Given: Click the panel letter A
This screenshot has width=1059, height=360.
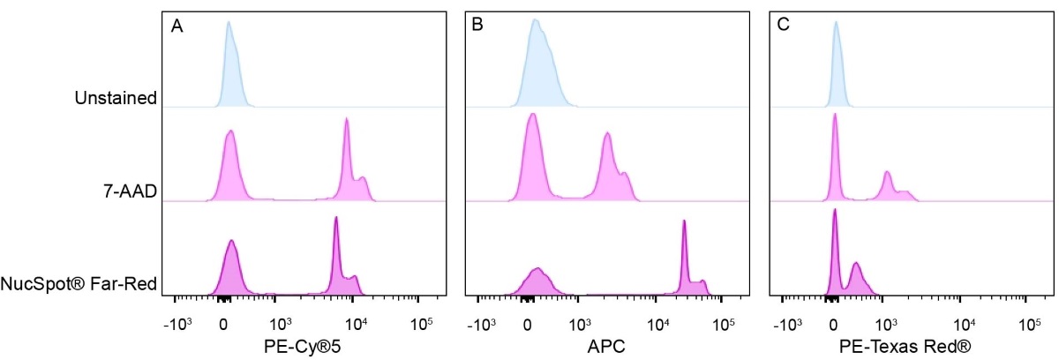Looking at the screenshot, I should pos(177,26).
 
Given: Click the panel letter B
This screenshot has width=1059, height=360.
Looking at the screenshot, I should pos(477,26).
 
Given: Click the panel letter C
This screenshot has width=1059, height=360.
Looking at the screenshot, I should pos(782,26).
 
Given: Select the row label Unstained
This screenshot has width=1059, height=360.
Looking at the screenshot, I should pos(116,98).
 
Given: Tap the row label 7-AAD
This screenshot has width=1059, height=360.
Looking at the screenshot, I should pos(128,191).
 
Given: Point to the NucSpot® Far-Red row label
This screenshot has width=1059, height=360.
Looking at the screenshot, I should pos(79,284).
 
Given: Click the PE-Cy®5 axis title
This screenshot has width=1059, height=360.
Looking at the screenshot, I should pos(303,347).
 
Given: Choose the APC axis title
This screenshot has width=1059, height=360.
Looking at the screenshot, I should pos(608,347).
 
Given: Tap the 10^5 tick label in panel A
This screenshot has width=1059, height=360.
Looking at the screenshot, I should pos(422,323).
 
